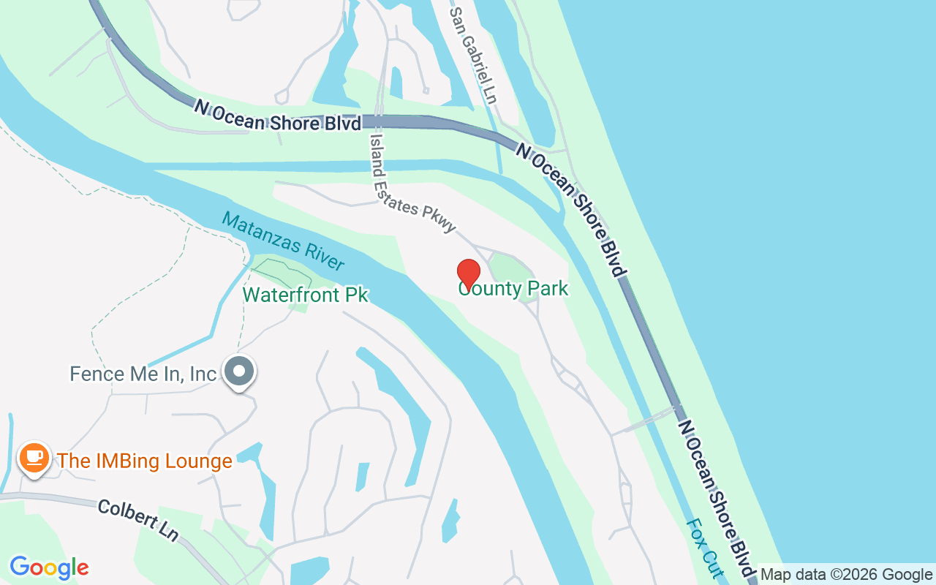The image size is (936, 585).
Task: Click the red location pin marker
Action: [x=469, y=274]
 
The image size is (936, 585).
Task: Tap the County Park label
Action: [x=513, y=289]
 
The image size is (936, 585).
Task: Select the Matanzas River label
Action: [x=283, y=241]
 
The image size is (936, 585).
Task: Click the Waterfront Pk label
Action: [x=305, y=295]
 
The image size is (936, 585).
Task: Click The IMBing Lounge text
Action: [x=145, y=461]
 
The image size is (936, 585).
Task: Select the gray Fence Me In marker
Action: [x=238, y=372]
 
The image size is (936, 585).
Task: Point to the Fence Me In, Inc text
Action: [x=143, y=374]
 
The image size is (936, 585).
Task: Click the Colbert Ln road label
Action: [x=137, y=519]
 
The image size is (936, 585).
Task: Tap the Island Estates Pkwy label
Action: [x=413, y=184]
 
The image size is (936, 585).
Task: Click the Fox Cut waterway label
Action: [x=703, y=548]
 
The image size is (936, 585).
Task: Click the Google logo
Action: [x=49, y=567]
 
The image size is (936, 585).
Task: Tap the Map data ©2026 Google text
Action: [x=847, y=575]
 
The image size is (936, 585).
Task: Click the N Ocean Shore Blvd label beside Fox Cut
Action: [x=717, y=497]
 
